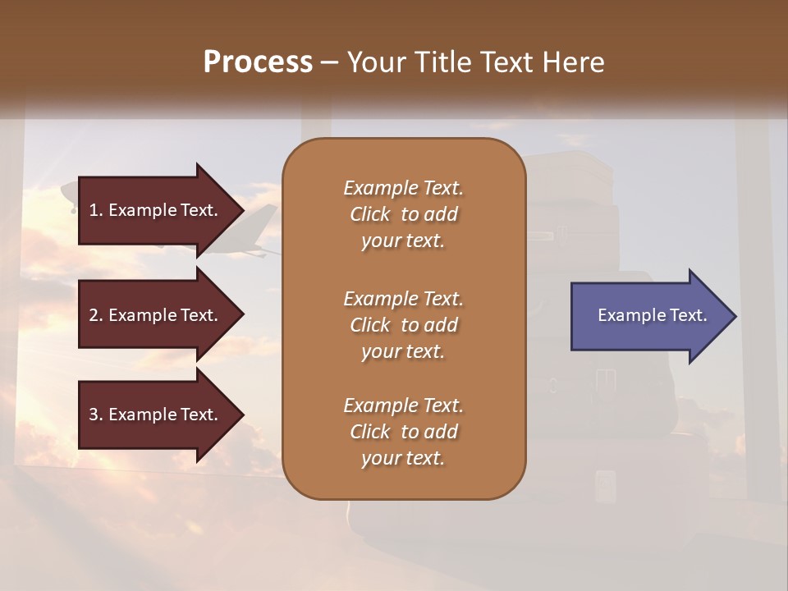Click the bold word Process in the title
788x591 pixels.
pyautogui.click(x=258, y=62)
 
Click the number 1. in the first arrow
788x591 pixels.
pyautogui.click(x=95, y=210)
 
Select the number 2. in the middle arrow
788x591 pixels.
pyautogui.click(x=95, y=315)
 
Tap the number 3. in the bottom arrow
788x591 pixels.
pyautogui.click(x=95, y=415)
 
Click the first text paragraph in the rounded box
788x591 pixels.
pyautogui.click(x=403, y=214)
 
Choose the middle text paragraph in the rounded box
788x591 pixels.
pyautogui.click(x=403, y=325)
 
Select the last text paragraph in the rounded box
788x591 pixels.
pyautogui.click(x=403, y=432)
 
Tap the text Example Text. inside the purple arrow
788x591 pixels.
pyautogui.click(x=652, y=315)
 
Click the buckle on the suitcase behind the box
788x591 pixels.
pyautogui.click(x=605, y=378)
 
